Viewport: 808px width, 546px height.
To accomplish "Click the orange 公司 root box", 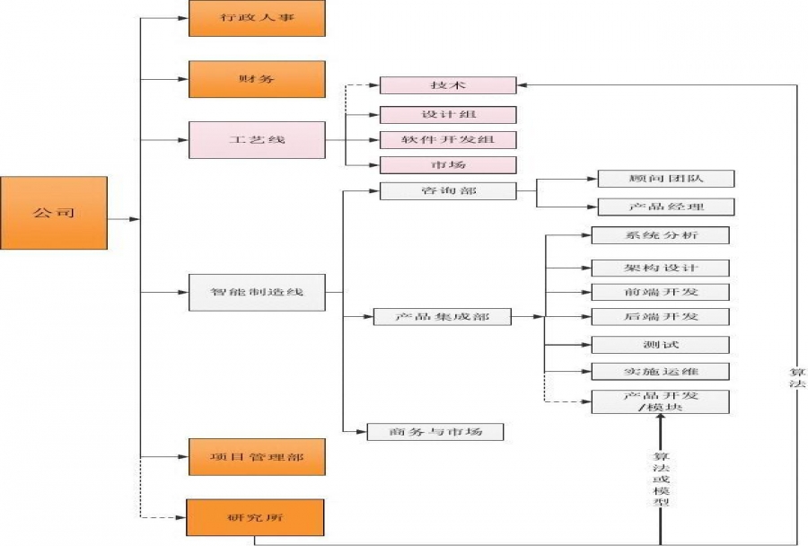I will [54, 213].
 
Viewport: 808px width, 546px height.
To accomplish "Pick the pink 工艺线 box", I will [257, 140].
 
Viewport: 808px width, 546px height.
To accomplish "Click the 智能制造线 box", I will [257, 292].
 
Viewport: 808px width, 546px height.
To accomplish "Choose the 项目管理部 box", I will [257, 457].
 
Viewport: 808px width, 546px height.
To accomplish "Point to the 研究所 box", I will [257, 517].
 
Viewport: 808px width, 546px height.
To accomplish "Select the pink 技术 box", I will [448, 85].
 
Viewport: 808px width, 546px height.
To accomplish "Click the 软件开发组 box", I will [448, 140].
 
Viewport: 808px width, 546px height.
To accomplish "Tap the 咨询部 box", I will [448, 190].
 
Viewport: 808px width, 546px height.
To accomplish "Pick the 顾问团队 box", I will [665, 178].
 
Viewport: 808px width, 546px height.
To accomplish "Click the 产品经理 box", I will [665, 207].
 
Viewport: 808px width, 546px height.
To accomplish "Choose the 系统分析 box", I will [660, 235].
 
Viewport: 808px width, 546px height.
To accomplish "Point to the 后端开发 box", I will [660, 316].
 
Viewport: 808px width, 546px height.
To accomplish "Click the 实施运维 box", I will [660, 371].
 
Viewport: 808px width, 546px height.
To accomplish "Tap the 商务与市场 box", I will [435, 431].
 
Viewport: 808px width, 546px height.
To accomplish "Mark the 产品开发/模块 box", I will [660, 401].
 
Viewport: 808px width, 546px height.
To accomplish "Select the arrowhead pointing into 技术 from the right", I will [523, 85].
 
